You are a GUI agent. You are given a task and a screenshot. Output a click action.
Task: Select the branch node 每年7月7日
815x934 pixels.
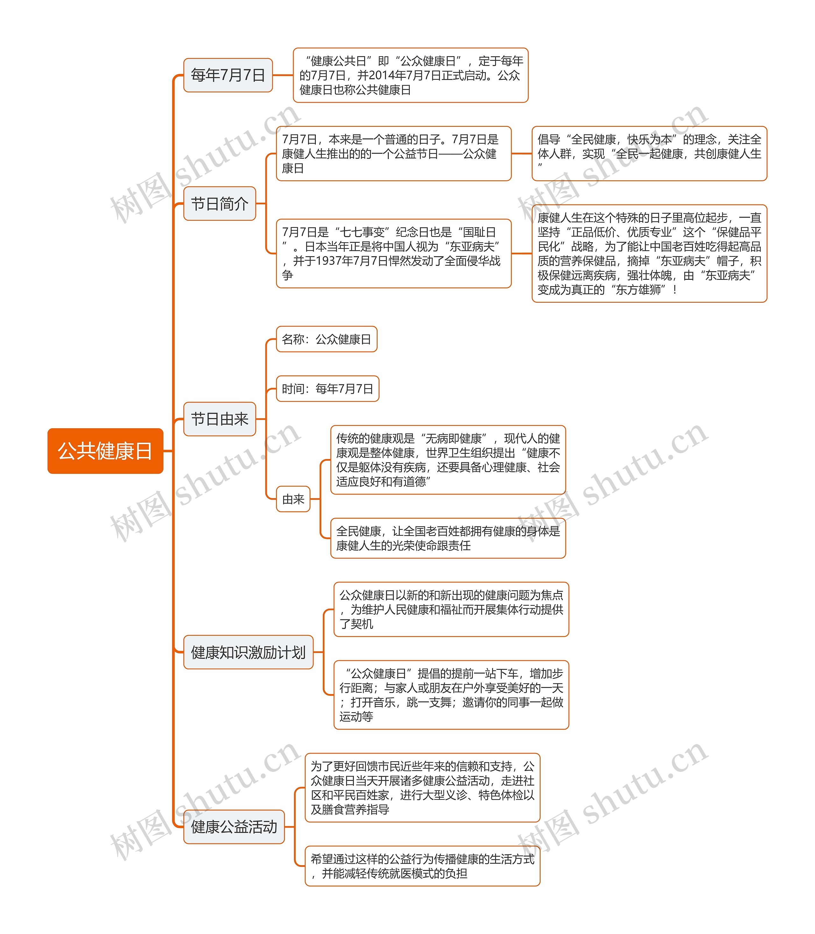(x=228, y=75)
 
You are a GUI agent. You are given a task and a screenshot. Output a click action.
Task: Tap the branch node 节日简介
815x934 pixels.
(x=219, y=203)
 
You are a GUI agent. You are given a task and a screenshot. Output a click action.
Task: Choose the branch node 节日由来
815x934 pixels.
(x=219, y=419)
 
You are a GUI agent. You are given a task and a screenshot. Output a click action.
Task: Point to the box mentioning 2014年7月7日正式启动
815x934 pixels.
(x=410, y=75)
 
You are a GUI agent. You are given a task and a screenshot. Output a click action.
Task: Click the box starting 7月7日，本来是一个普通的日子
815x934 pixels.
(x=393, y=153)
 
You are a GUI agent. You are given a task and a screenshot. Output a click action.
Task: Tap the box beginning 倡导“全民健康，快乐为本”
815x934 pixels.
(x=649, y=153)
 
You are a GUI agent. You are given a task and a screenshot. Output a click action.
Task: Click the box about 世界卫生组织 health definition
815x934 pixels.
(x=448, y=460)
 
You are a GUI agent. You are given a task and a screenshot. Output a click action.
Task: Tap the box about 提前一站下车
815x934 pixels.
(x=451, y=695)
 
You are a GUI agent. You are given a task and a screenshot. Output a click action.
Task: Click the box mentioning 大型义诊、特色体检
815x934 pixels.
(x=422, y=787)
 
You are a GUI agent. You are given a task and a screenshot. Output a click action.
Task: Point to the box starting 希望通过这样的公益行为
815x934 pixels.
(x=422, y=866)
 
